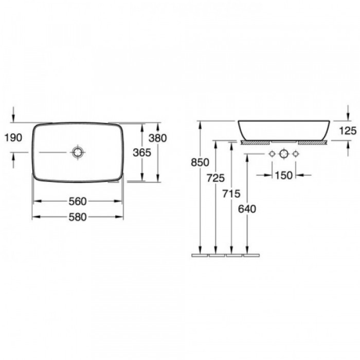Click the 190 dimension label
(x=13, y=138)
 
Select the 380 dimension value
(x=157, y=138)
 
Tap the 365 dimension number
(x=142, y=153)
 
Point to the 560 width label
(x=78, y=202)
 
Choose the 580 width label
(x=78, y=217)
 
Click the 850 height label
(x=200, y=163)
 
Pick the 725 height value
(x=215, y=178)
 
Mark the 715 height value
(x=231, y=194)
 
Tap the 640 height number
(x=247, y=209)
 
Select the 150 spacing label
(x=283, y=176)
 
